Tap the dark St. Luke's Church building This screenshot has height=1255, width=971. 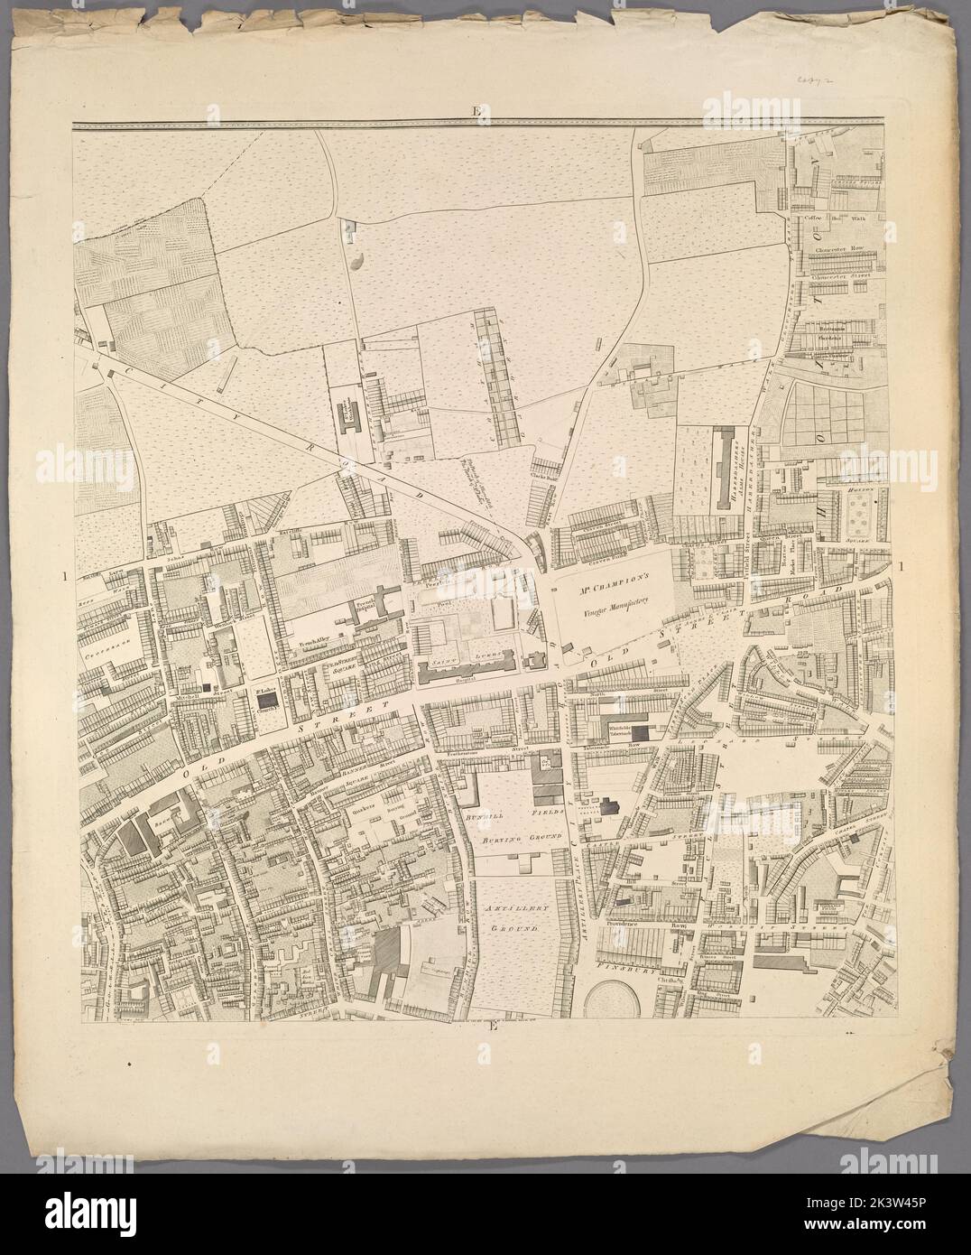pyautogui.click(x=266, y=700)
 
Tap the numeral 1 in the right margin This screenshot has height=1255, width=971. pyautogui.click(x=904, y=566)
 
